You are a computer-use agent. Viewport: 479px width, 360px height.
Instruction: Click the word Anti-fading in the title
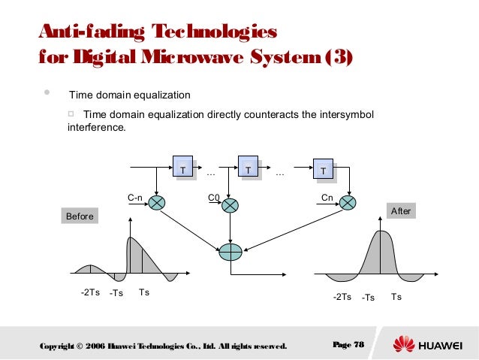click(83, 32)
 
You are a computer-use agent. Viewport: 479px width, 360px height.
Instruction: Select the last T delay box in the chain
click(324, 171)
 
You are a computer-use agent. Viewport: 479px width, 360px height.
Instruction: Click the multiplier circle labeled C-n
click(157, 203)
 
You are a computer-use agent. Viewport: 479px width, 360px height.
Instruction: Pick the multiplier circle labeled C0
click(230, 204)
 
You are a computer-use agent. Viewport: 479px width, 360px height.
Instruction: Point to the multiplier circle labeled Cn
click(347, 203)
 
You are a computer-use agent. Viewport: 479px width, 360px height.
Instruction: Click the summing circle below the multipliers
click(230, 252)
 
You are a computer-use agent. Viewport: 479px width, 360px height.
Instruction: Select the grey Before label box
click(80, 216)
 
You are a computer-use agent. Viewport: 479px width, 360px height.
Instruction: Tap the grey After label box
click(401, 211)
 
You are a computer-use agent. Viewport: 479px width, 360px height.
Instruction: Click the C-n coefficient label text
click(135, 198)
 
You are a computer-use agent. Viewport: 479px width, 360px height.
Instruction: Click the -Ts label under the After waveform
click(368, 298)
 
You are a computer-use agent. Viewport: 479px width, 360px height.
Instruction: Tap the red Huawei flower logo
click(404, 345)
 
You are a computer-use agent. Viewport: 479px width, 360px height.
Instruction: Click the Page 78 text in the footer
click(348, 345)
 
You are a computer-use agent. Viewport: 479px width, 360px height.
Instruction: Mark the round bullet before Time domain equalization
click(47, 94)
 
